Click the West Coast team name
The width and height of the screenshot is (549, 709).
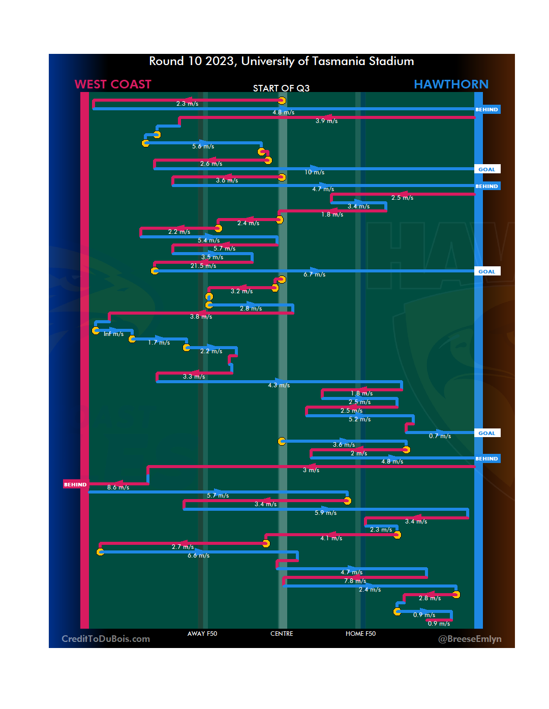coord(113,84)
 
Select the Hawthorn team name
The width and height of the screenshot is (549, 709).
coord(451,84)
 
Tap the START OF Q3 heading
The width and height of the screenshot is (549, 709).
coord(281,88)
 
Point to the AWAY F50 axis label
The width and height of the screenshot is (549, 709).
coord(202,634)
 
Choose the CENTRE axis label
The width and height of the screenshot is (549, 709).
coord(282,634)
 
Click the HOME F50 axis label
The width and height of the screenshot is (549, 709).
coord(360,634)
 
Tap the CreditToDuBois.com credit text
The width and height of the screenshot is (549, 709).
coord(106,639)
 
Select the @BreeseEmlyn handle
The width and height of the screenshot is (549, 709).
coord(470,639)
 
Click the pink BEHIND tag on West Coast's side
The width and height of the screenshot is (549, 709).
coord(75,484)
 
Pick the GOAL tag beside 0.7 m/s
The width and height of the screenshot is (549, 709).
coord(486,434)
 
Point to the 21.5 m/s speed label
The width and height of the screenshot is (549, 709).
coord(203,266)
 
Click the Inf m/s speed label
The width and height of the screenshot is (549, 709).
coord(113,334)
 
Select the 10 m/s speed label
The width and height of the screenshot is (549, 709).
coord(314,172)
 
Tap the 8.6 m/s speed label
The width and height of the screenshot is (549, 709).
coord(118,487)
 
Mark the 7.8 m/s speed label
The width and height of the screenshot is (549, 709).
coord(355,581)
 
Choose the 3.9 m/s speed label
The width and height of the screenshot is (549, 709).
coord(326,121)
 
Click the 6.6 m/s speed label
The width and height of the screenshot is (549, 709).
coord(198,556)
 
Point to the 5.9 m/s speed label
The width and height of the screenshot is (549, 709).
coord(325,513)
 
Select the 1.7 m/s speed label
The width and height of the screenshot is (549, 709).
coord(159,343)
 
